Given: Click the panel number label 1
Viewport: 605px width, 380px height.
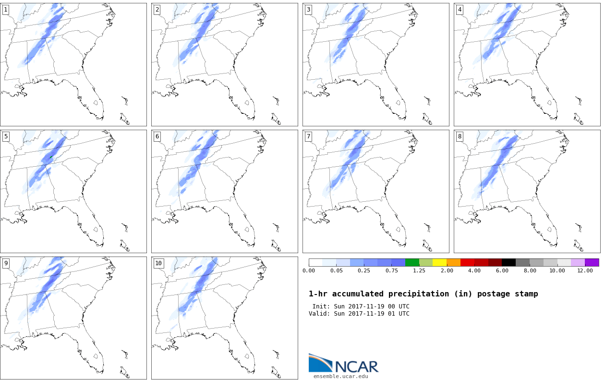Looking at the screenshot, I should (x=6, y=10).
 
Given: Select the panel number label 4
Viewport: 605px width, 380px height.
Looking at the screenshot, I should (x=460, y=10).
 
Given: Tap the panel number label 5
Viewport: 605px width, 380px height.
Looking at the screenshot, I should (x=6, y=136).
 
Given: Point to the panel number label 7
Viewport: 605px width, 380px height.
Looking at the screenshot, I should (x=308, y=136).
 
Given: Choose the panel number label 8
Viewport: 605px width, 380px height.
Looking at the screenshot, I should (x=460, y=136).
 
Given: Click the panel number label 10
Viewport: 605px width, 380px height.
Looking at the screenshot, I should (x=158, y=263).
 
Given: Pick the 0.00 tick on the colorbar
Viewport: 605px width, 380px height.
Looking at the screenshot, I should (x=309, y=270).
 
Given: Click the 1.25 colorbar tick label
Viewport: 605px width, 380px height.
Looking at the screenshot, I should (x=419, y=270).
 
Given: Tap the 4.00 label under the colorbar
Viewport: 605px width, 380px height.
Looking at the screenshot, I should (x=474, y=270).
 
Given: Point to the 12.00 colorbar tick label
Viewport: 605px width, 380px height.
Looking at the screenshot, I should (x=585, y=270).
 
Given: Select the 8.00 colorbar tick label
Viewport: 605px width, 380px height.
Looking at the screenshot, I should (x=530, y=270).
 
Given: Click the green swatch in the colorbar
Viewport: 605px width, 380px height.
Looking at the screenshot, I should (x=412, y=262).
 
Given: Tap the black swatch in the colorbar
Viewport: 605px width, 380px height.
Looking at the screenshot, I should (x=509, y=262).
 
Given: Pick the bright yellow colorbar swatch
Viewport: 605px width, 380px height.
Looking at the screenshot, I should (x=440, y=262).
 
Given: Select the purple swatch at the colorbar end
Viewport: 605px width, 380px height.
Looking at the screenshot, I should (x=592, y=262).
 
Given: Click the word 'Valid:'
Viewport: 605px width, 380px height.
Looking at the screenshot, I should (x=319, y=314).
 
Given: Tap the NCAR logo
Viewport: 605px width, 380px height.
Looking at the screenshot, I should (x=343, y=364).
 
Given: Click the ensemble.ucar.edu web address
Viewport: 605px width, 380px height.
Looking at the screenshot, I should (x=340, y=376).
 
